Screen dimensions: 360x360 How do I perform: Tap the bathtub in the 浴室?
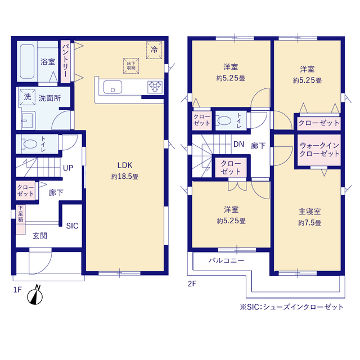27,61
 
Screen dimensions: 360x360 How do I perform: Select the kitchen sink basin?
112,87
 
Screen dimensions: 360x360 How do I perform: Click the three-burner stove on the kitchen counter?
155,87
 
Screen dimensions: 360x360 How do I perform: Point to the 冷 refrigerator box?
154,50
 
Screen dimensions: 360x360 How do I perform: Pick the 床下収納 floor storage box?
131,66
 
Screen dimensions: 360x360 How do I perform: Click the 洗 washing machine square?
28,97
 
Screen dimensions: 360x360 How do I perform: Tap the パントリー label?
65,61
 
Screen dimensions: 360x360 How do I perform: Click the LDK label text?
125,165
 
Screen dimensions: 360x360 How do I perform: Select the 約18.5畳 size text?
125,177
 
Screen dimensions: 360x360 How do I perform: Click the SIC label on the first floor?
72,226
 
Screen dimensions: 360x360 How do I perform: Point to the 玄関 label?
40,236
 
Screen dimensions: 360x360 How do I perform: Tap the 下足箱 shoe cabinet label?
20,214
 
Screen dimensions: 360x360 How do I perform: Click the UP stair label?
68,168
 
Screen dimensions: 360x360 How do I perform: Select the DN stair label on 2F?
238,144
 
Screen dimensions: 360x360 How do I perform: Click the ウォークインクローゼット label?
319,150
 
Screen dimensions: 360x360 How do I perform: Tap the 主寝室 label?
309,211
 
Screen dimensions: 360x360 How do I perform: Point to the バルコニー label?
226,260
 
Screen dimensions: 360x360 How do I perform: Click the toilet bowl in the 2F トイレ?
223,120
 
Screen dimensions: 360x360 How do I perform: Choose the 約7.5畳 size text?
309,223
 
